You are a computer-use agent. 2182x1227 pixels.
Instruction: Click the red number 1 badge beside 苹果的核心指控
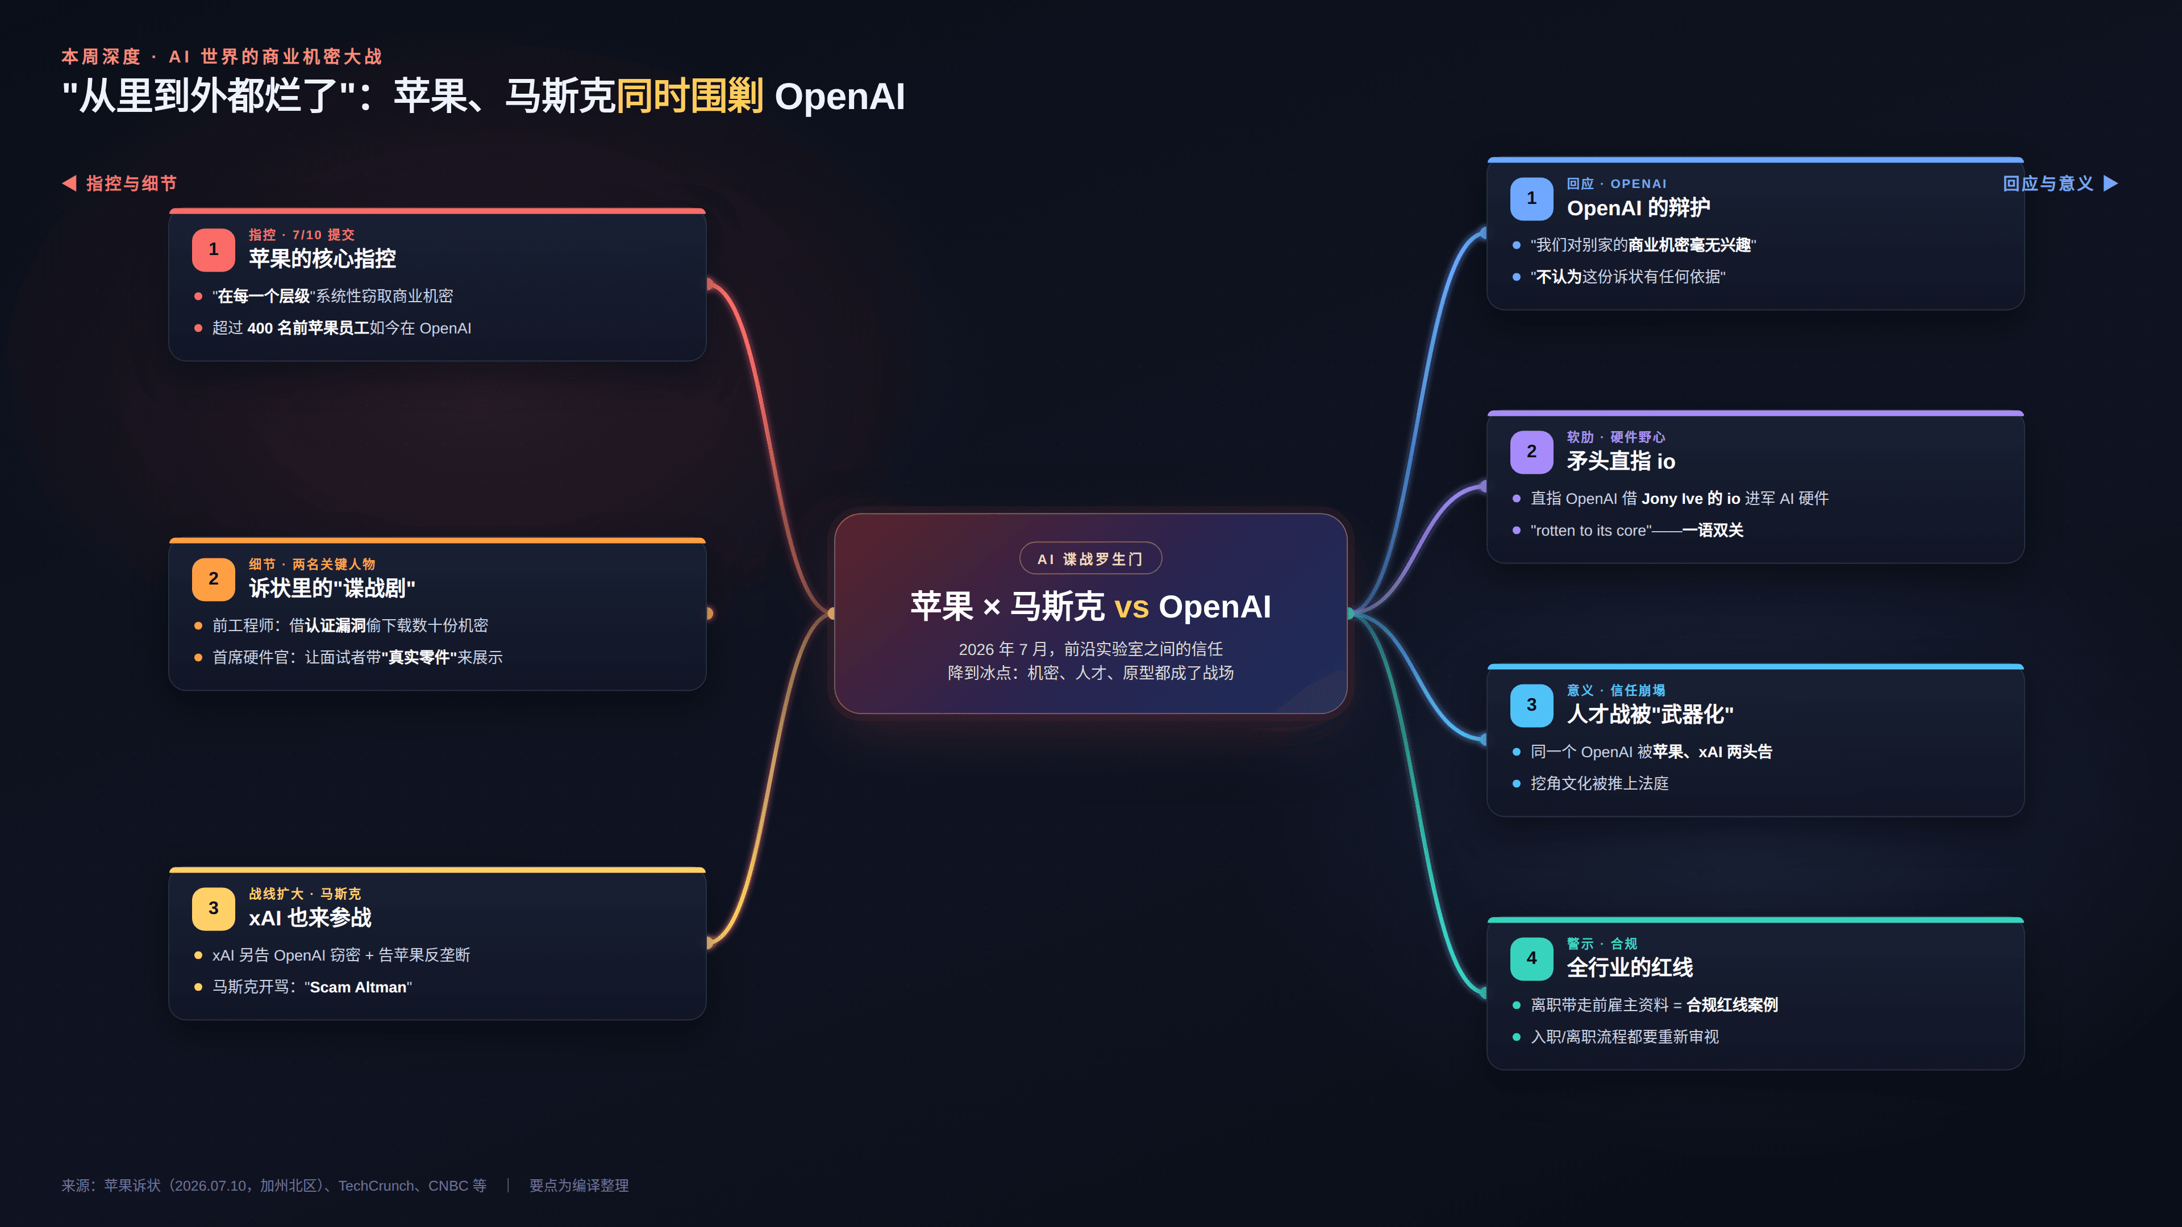(214, 250)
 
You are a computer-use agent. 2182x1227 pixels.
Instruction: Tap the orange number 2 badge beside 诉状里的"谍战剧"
(214, 579)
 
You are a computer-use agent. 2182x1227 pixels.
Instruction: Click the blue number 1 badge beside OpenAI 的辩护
(1531, 199)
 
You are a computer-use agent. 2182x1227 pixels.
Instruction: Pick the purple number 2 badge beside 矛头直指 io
(1531, 452)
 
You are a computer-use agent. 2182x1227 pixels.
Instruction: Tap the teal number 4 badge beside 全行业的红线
(1531, 958)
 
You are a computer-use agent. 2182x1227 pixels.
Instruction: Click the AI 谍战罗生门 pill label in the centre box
(1090, 559)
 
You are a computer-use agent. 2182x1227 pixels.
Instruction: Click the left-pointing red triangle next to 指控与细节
(69, 183)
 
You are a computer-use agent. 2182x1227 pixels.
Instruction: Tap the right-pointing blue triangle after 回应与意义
(2111, 183)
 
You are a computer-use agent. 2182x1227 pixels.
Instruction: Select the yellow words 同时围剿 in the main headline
(689, 95)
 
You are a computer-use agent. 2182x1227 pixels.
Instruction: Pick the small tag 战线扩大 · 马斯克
(305, 894)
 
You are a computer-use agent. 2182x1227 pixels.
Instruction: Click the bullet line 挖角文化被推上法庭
(1599, 783)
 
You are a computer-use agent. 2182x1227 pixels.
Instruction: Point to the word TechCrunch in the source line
(376, 1186)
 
